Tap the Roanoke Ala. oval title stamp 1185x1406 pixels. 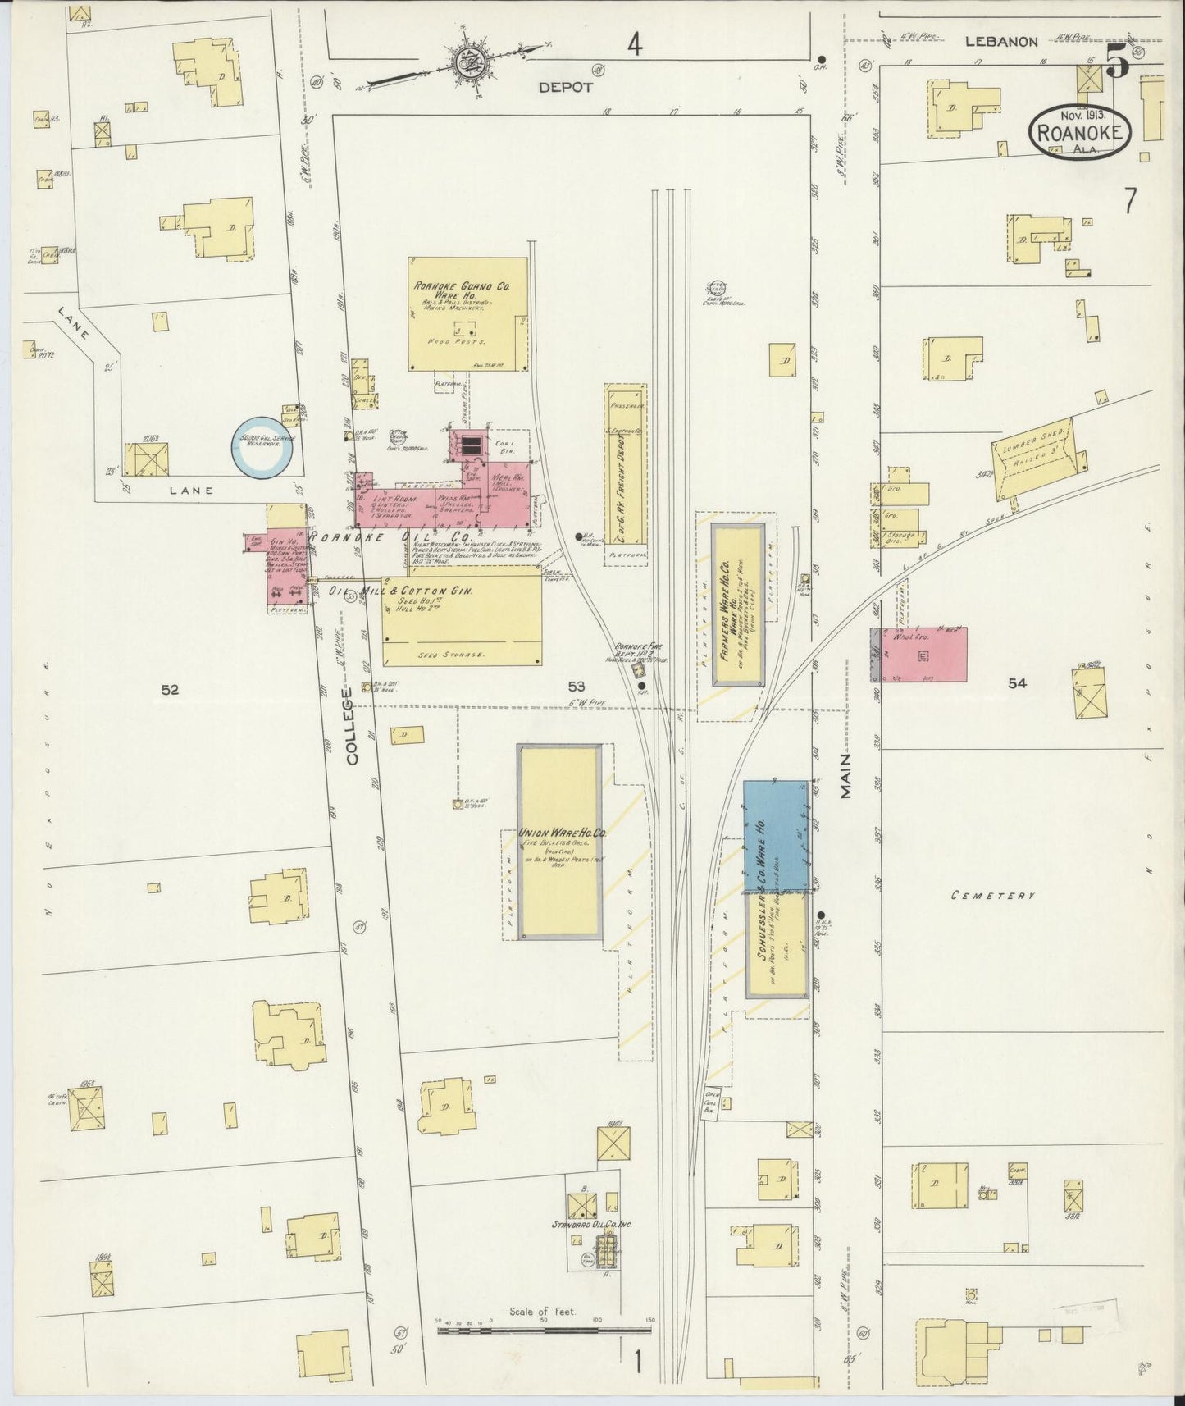pyautogui.click(x=1080, y=130)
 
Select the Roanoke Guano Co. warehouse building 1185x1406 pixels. pyautogui.click(x=468, y=314)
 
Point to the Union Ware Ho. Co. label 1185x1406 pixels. pyautogui.click(x=562, y=833)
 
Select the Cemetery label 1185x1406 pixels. pyautogui.click(x=992, y=896)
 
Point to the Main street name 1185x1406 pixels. pyautogui.click(x=845, y=775)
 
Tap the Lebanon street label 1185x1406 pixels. pyautogui.click(x=1000, y=41)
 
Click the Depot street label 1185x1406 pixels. pyautogui.click(x=565, y=85)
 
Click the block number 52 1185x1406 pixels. pyautogui.click(x=169, y=690)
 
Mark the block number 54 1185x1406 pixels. pyautogui.click(x=1017, y=682)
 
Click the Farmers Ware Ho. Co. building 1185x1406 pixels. pyautogui.click(x=738, y=605)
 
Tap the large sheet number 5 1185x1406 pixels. pyautogui.click(x=1115, y=62)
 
